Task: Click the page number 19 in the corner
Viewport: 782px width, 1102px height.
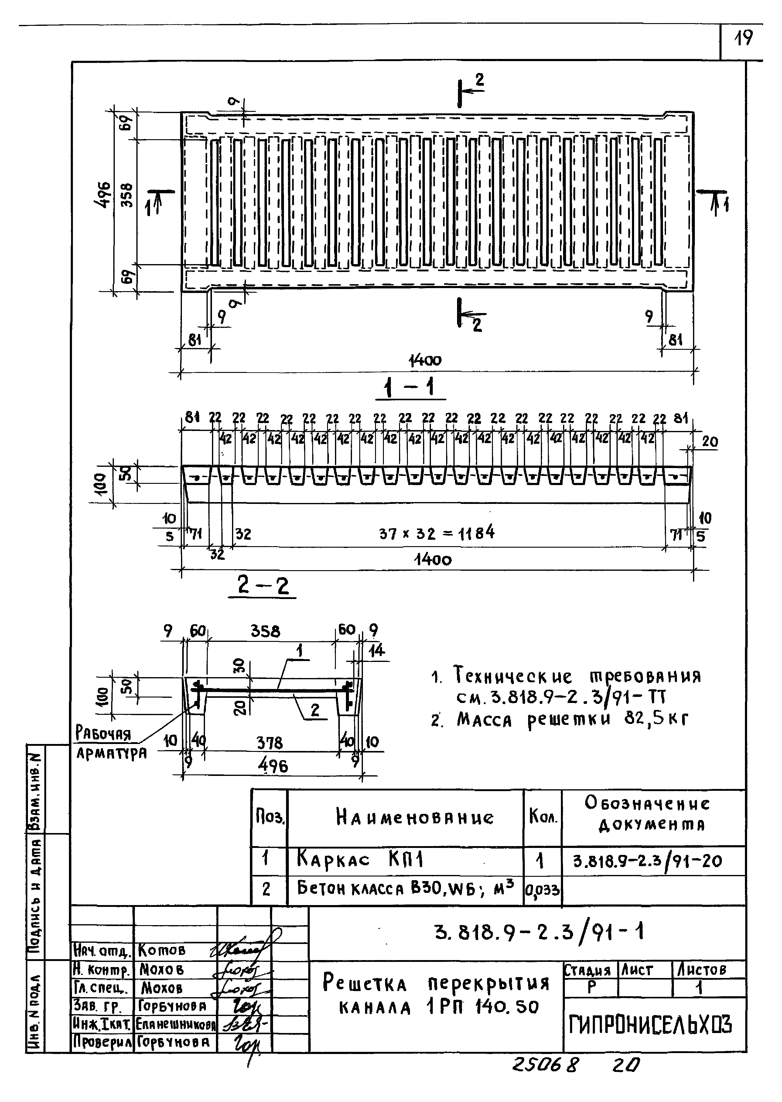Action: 743,38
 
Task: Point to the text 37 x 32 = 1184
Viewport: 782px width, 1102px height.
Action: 436,533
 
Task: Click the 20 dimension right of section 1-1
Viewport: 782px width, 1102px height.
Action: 710,441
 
